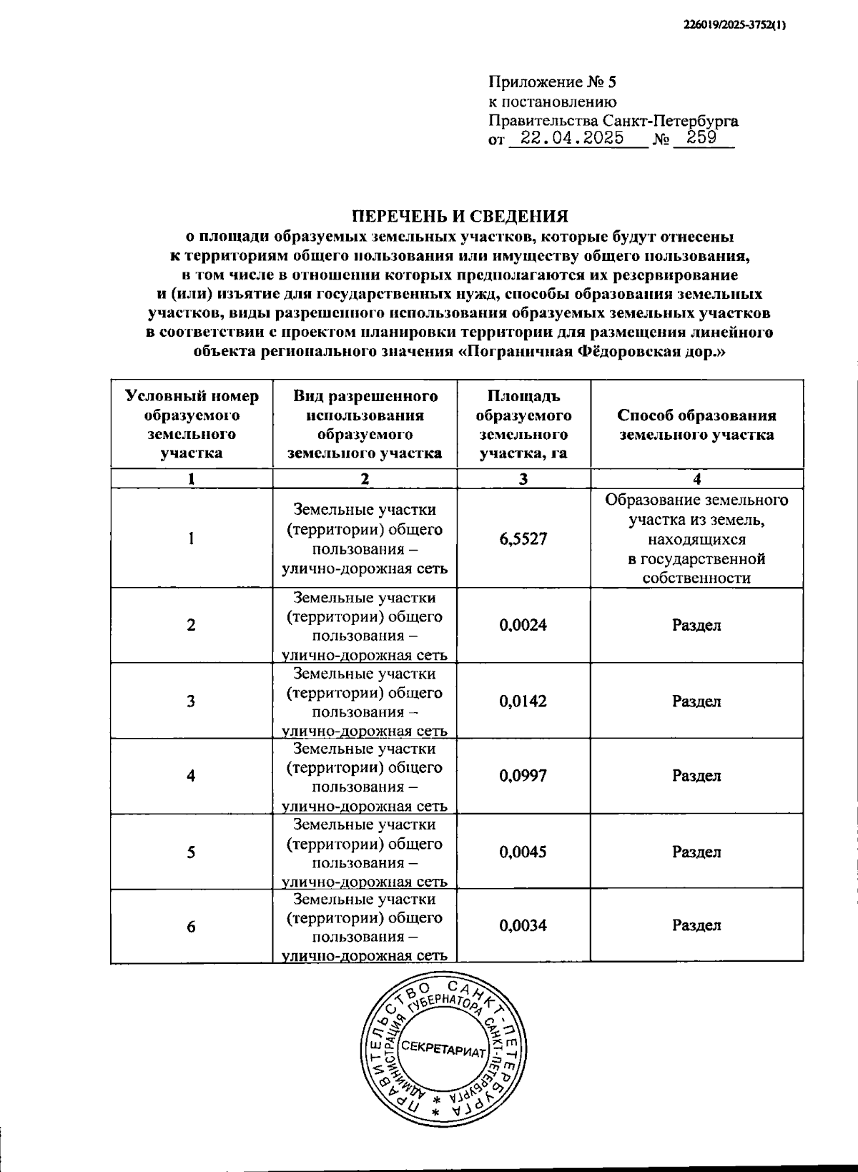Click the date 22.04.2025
coord(571,138)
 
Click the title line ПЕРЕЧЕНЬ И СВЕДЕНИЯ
coord(461,216)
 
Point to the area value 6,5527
coord(523,539)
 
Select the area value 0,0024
coord(523,625)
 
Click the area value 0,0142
coord(523,701)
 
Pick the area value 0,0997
coord(523,776)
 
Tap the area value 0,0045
coord(523,852)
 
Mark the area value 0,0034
coord(523,926)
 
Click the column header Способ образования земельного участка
coord(696,425)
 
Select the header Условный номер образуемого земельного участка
coord(192,425)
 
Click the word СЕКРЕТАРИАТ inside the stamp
coord(443,1049)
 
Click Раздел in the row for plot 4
coord(696,776)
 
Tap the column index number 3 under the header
coord(523,480)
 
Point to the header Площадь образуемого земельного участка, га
coord(523,425)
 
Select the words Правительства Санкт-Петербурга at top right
coord(613,120)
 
